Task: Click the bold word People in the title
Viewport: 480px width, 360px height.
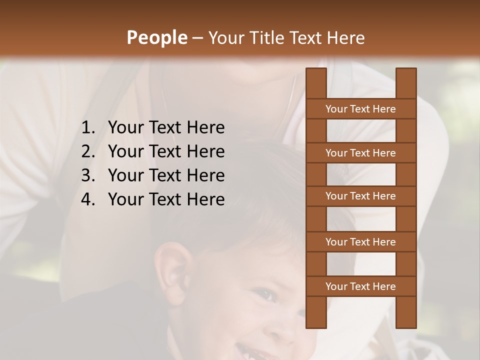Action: pyautogui.click(x=156, y=37)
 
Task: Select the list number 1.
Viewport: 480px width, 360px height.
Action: pyautogui.click(x=87, y=127)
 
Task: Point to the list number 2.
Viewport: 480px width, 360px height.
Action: pyautogui.click(x=87, y=151)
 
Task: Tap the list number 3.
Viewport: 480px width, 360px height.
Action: pyautogui.click(x=87, y=175)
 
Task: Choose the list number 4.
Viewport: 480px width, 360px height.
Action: pyautogui.click(x=87, y=199)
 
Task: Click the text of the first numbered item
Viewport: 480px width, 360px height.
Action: pyautogui.click(x=166, y=127)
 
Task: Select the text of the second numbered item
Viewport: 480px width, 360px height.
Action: pyautogui.click(x=166, y=151)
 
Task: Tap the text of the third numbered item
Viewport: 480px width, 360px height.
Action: pyautogui.click(x=166, y=175)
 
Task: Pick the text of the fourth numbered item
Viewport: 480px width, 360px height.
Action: pyautogui.click(x=166, y=199)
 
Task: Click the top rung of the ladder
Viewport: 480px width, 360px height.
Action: pyautogui.click(x=360, y=109)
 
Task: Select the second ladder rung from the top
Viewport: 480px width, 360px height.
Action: pyautogui.click(x=360, y=153)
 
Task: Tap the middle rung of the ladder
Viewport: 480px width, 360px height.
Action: pyautogui.click(x=360, y=196)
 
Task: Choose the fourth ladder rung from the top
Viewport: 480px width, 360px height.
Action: pyautogui.click(x=360, y=242)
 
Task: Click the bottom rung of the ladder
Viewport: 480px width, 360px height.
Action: pyautogui.click(x=360, y=286)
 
